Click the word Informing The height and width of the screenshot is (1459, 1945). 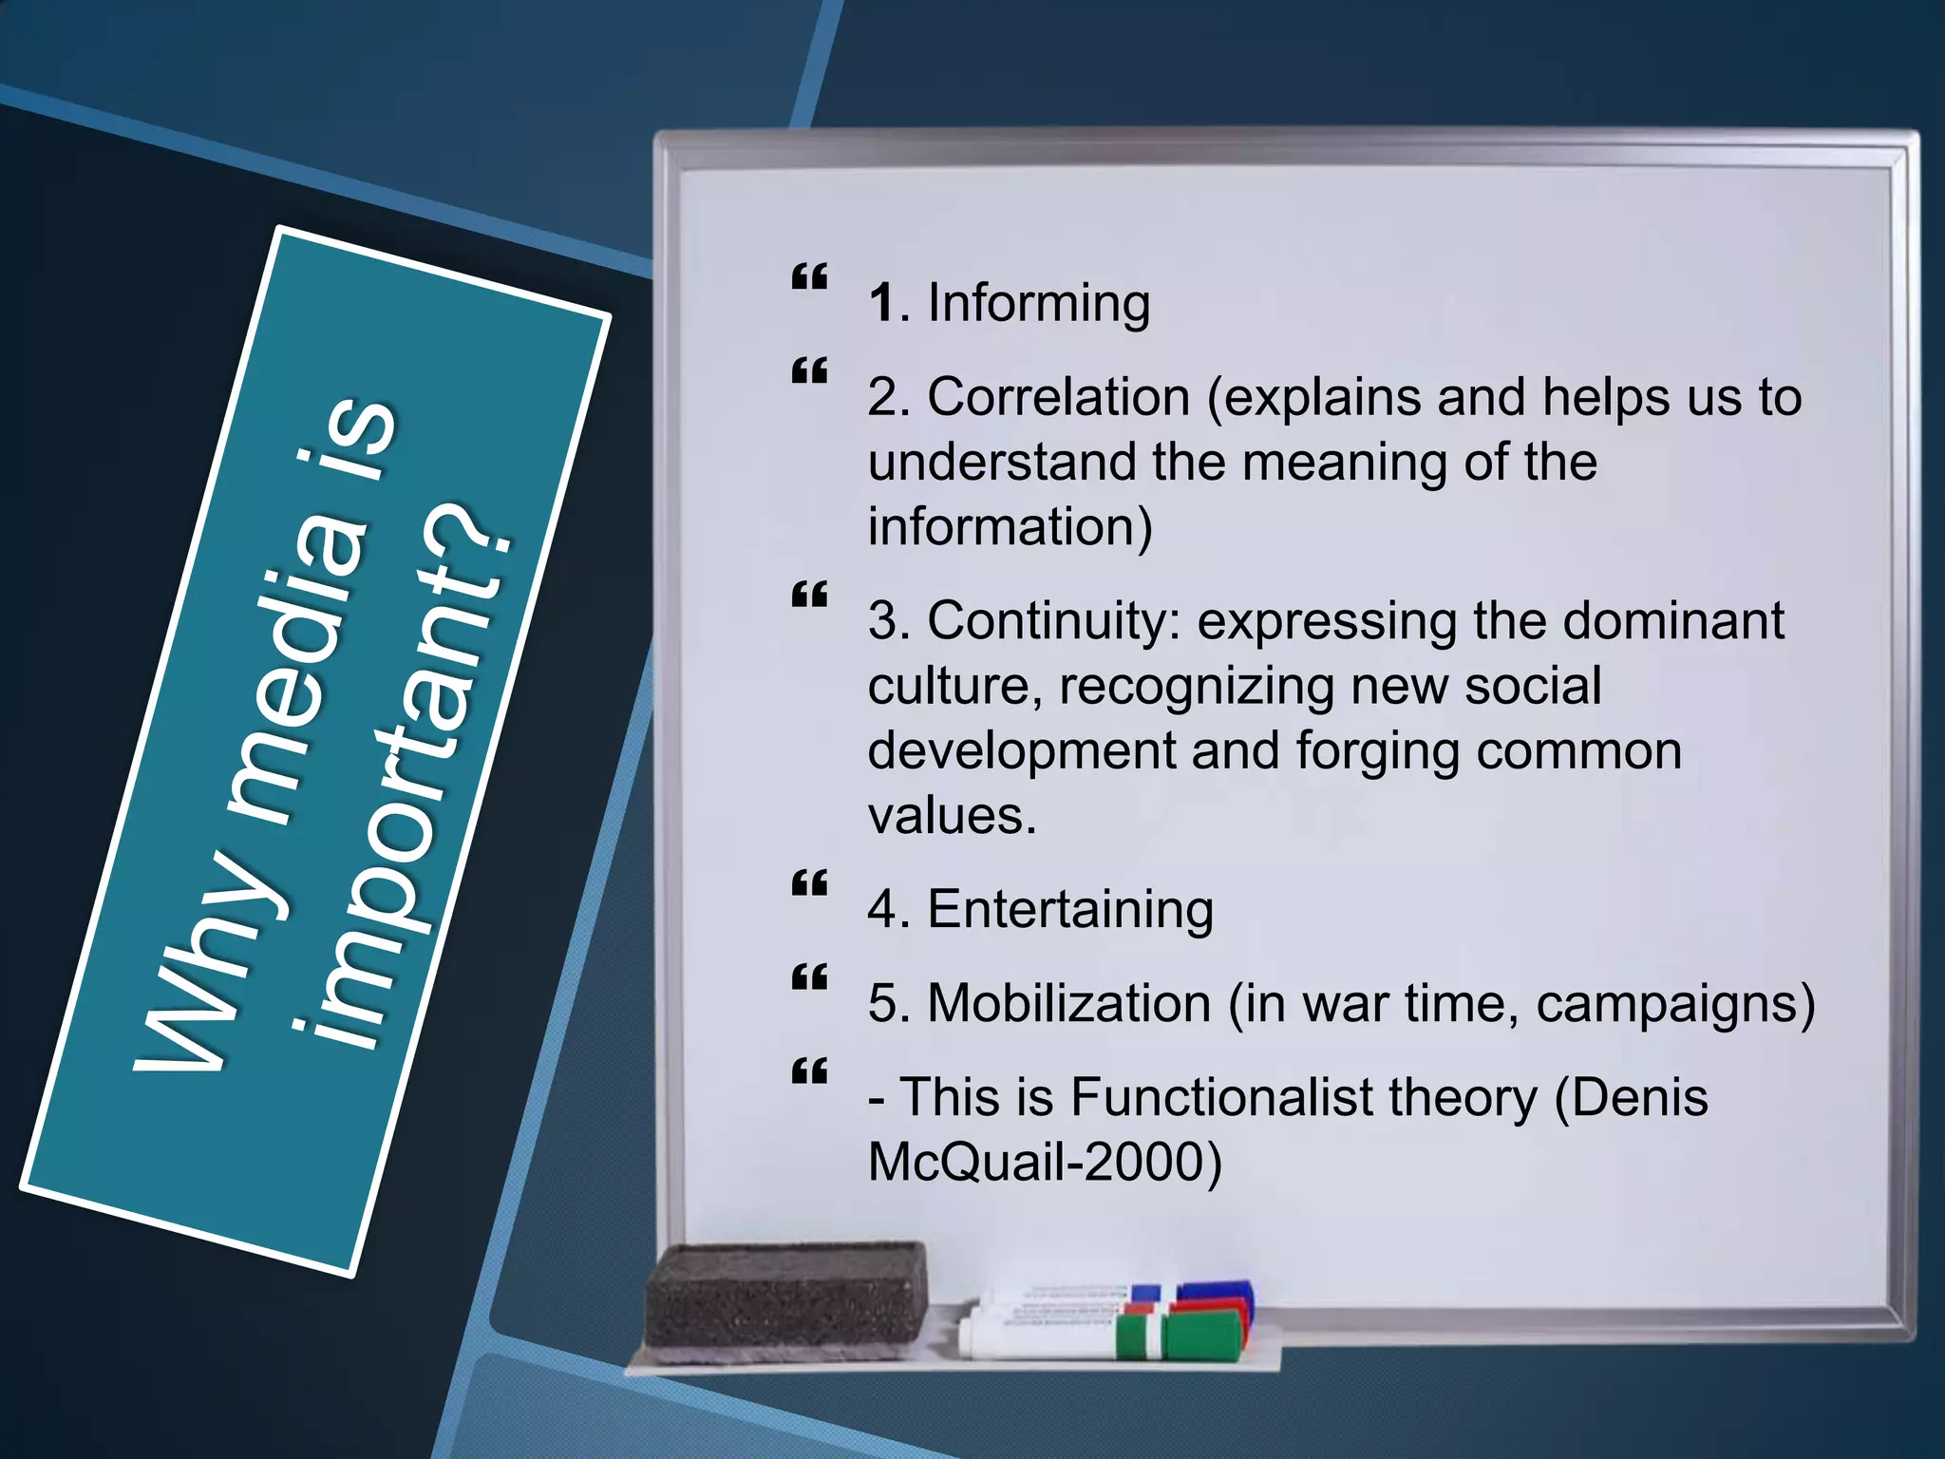(1038, 304)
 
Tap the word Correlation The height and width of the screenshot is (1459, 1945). (1058, 397)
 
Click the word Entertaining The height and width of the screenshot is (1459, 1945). (1070, 909)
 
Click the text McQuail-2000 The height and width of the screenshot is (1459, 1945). (1045, 1162)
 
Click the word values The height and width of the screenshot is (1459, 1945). (951, 816)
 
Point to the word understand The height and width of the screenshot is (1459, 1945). (1002, 463)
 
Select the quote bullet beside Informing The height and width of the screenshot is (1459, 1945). (809, 277)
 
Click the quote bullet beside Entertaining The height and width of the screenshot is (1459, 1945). (809, 884)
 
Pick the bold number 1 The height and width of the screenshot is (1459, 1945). (881, 304)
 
